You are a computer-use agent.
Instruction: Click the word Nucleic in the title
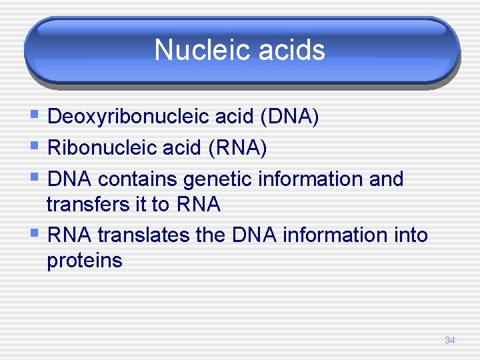tap(194, 50)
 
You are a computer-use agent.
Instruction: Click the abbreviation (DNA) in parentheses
tap(290, 117)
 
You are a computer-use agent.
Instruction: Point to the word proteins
tap(85, 261)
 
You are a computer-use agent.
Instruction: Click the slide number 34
tap(449, 341)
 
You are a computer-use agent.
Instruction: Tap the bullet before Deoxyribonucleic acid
tap(34, 117)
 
